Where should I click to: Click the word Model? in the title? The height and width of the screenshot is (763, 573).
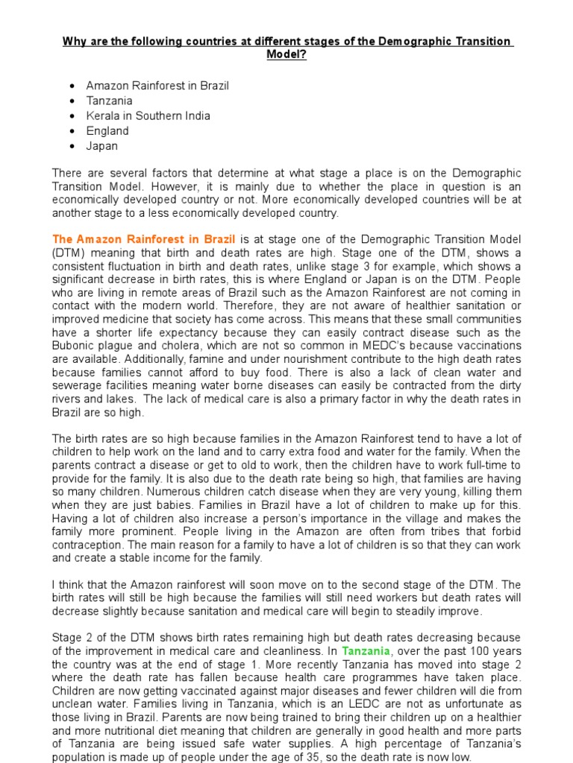coord(286,55)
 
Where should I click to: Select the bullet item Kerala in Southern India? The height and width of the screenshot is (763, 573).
coord(148,115)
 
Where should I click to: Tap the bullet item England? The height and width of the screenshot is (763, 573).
coord(107,131)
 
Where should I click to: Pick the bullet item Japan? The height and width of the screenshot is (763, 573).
coord(101,146)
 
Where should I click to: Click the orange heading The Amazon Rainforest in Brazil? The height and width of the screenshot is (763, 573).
coord(144,239)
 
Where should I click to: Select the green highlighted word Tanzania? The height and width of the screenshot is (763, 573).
coord(366,650)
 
